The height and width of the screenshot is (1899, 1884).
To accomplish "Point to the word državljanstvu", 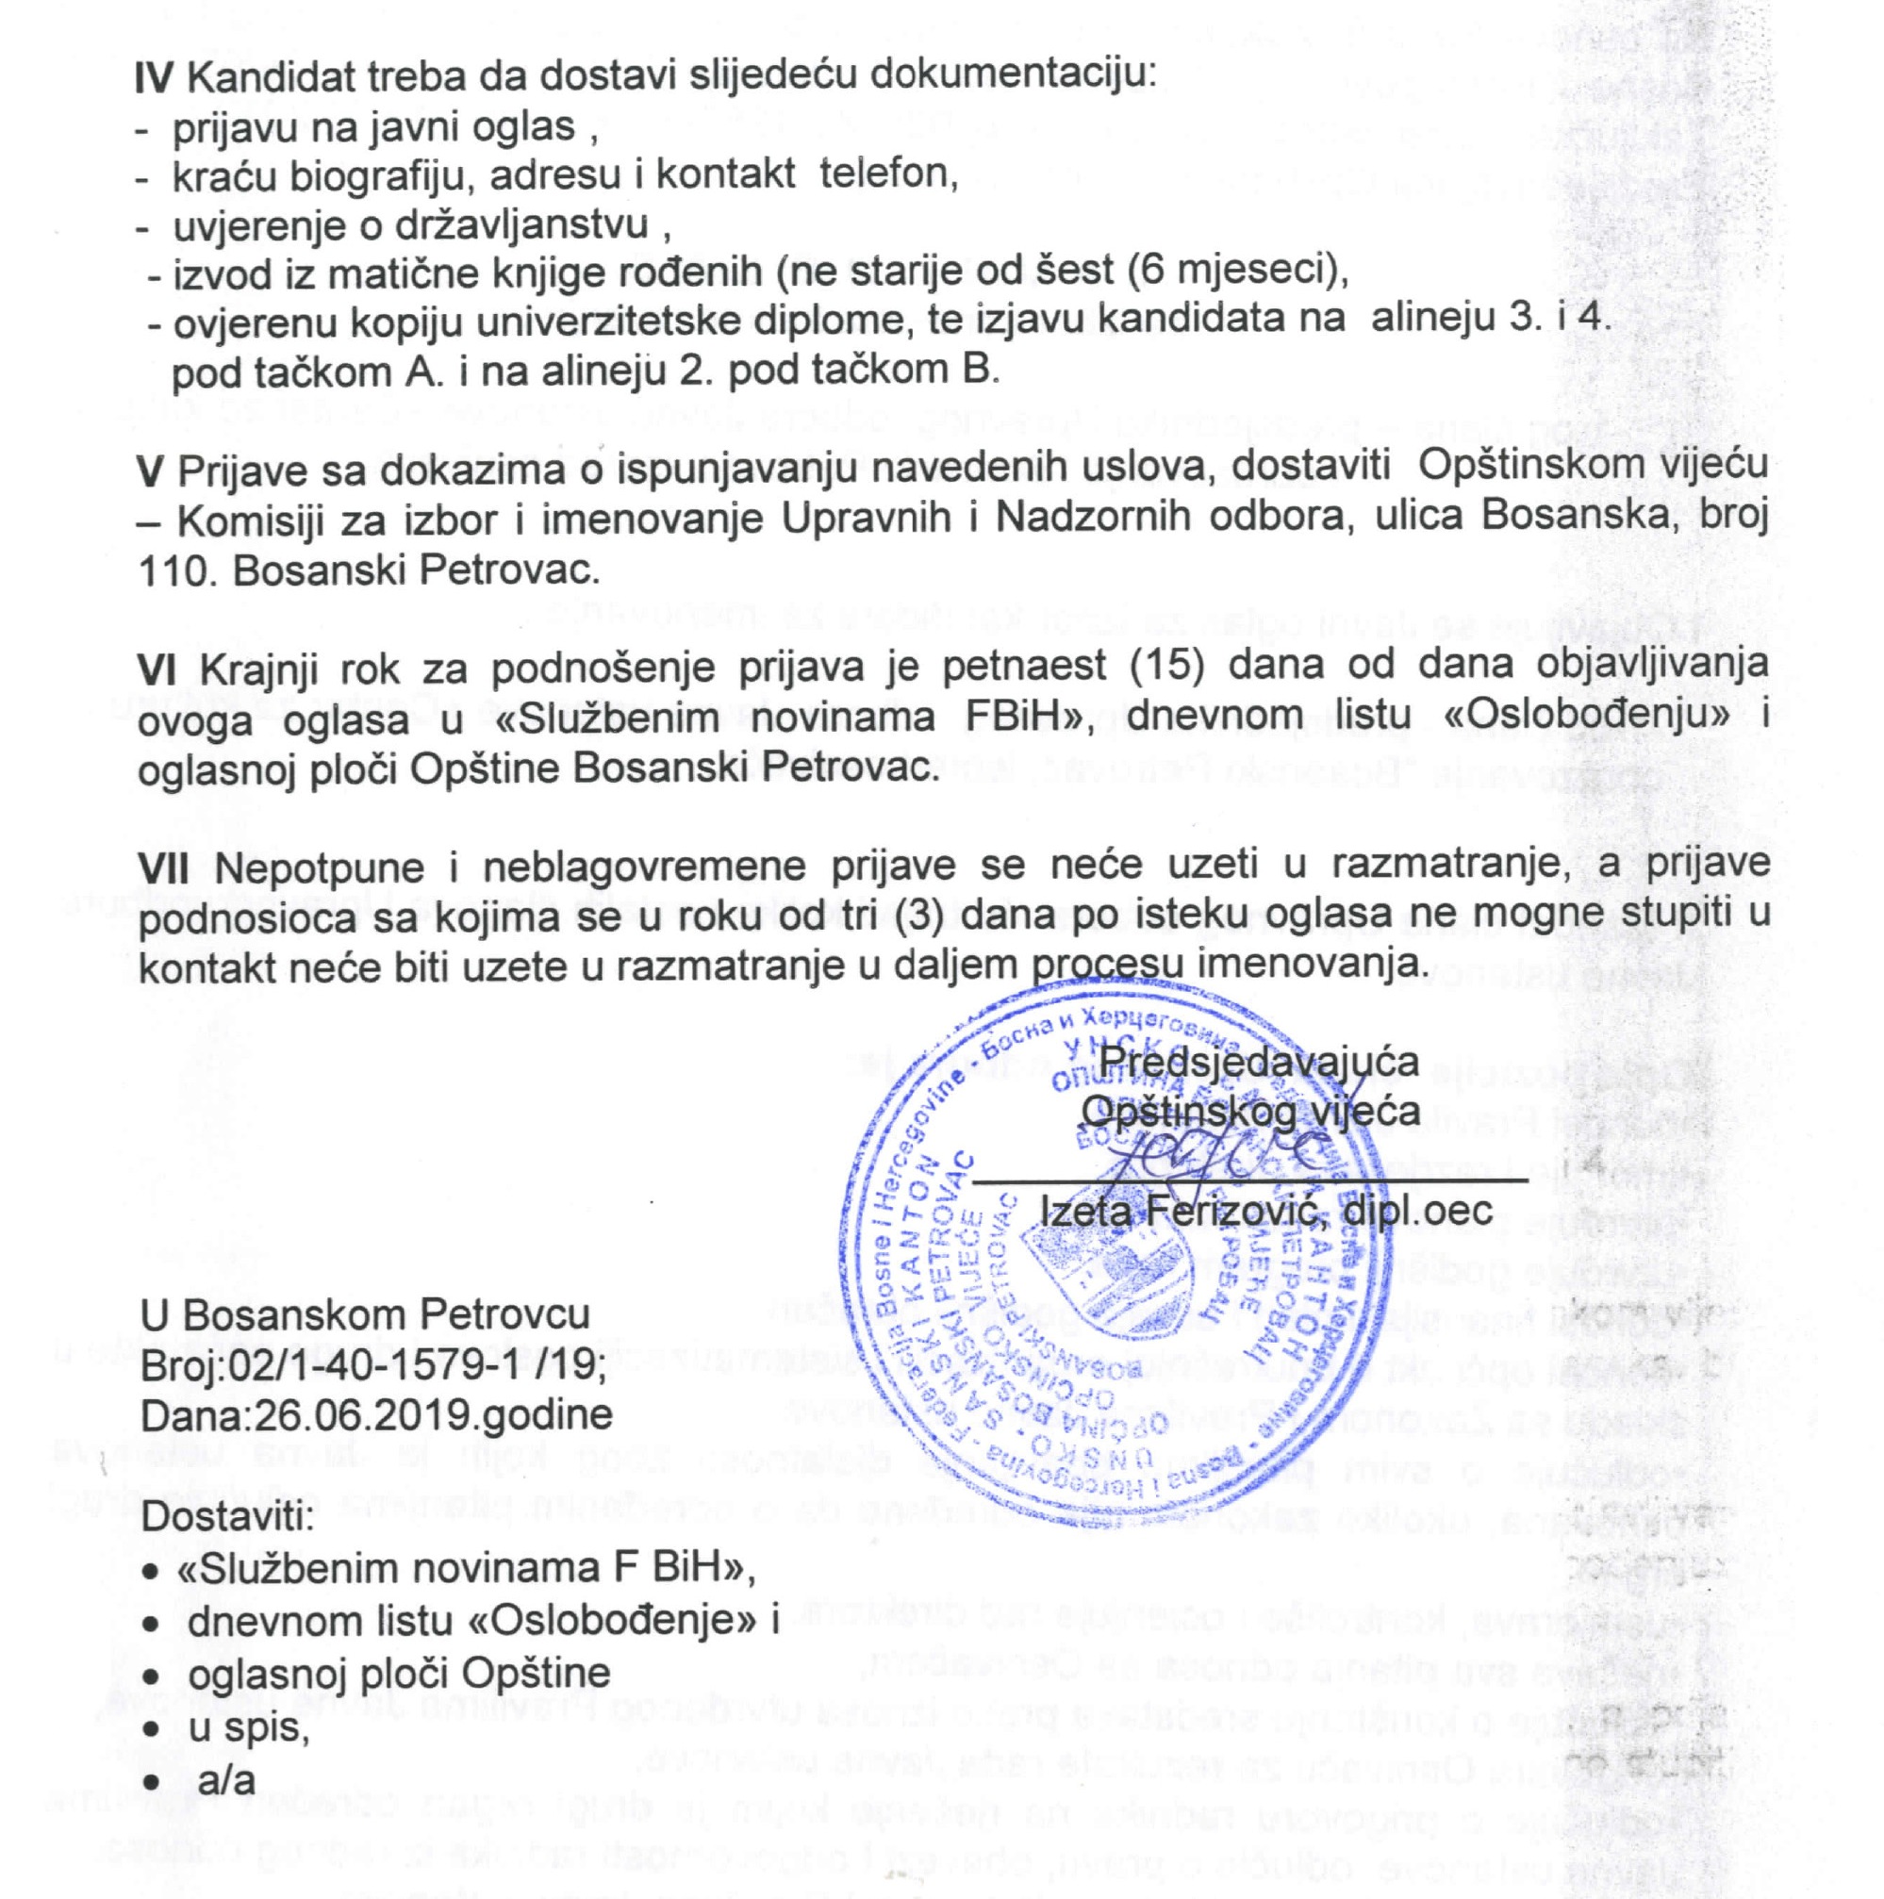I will click(x=521, y=225).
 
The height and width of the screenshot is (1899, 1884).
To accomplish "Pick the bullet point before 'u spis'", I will click(x=150, y=1729).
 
